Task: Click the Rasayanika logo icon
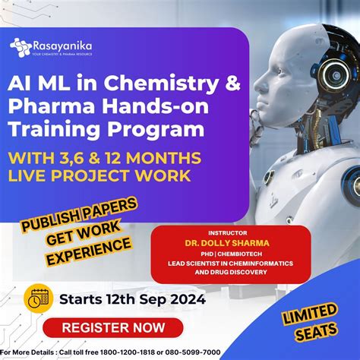[x=19, y=46]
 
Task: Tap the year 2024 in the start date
[x=181, y=298]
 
